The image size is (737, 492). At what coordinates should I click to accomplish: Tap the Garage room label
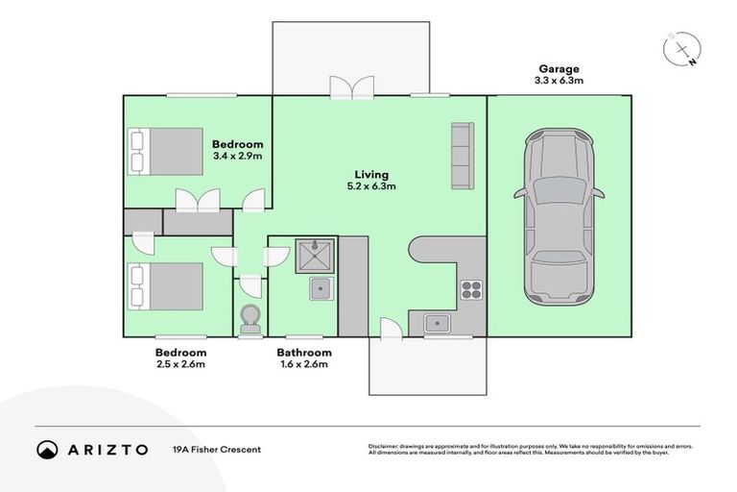(558, 69)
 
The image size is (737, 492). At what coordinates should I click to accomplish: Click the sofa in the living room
(462, 156)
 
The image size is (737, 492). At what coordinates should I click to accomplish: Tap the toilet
(250, 320)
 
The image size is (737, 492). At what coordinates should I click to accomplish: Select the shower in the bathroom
(315, 256)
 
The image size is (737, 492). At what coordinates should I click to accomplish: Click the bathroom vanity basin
(320, 287)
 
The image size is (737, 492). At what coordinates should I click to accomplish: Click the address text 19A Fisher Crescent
(217, 449)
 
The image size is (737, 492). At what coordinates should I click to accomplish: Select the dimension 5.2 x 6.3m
(371, 186)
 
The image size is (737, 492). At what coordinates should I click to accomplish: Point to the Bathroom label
(304, 353)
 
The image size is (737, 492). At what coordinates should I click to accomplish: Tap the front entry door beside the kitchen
(390, 330)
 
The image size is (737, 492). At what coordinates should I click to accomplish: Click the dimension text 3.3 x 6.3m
(558, 82)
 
